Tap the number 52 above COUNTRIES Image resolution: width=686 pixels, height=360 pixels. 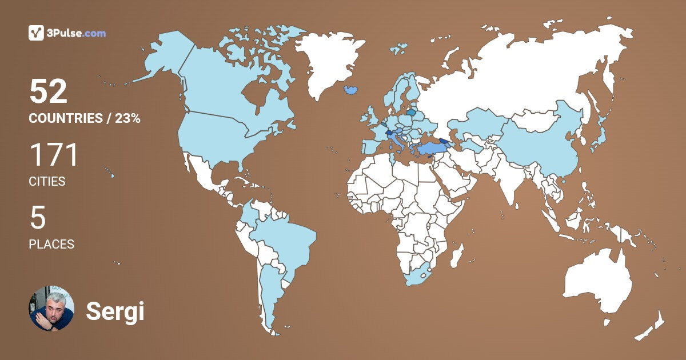pyautogui.click(x=49, y=91)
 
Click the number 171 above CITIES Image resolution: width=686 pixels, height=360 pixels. pyautogui.click(x=53, y=155)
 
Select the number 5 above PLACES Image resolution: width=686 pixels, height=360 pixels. pyautogui.click(x=37, y=218)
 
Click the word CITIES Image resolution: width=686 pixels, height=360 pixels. pyautogui.click(x=47, y=182)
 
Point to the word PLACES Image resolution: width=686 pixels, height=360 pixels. pyautogui.click(x=51, y=244)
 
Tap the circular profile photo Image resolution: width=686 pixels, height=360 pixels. pyautogui.click(x=51, y=309)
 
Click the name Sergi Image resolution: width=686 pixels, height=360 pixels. pyautogui.click(x=115, y=311)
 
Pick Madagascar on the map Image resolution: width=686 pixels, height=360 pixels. pyautogui.click(x=457, y=255)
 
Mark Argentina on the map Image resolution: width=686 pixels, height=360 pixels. pyautogui.click(x=269, y=291)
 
